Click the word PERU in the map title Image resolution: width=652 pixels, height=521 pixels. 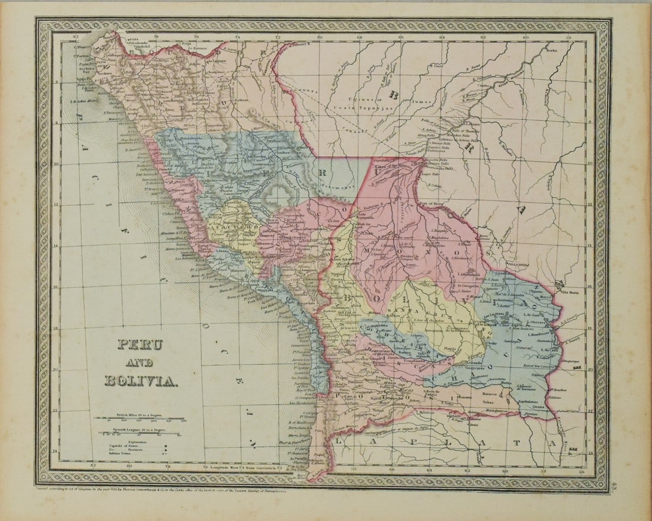(140, 344)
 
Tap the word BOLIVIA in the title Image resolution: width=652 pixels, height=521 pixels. (140, 381)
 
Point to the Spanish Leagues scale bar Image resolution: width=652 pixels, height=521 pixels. (140, 434)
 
